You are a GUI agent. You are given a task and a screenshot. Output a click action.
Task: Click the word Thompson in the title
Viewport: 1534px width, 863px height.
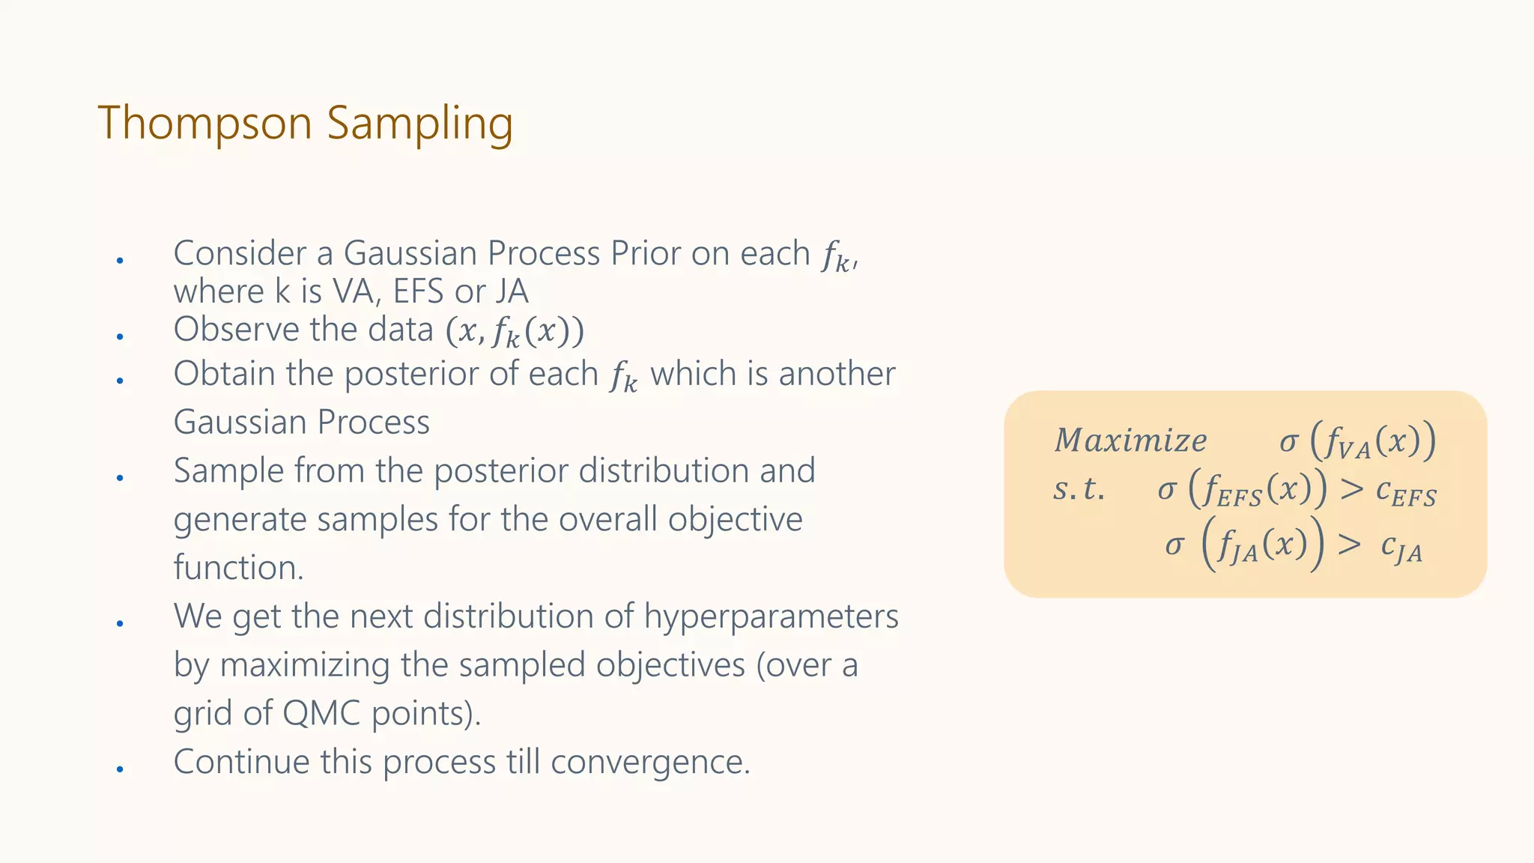(x=204, y=123)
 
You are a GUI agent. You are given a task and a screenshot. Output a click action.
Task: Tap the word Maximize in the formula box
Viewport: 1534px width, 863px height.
(x=1130, y=440)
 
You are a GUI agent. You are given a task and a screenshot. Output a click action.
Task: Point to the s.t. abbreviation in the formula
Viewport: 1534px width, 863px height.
(x=1079, y=489)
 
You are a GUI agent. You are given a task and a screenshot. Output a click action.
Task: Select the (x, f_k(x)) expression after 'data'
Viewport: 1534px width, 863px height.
(x=515, y=331)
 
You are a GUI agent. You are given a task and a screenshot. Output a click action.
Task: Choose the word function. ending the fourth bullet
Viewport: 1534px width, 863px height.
(x=238, y=567)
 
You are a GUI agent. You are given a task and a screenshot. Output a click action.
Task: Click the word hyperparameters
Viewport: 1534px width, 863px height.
(x=771, y=617)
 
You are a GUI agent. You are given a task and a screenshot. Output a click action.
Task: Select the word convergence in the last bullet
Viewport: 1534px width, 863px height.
(x=650, y=762)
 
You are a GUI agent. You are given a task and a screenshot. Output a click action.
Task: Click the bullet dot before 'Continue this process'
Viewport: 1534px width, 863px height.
(x=120, y=769)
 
